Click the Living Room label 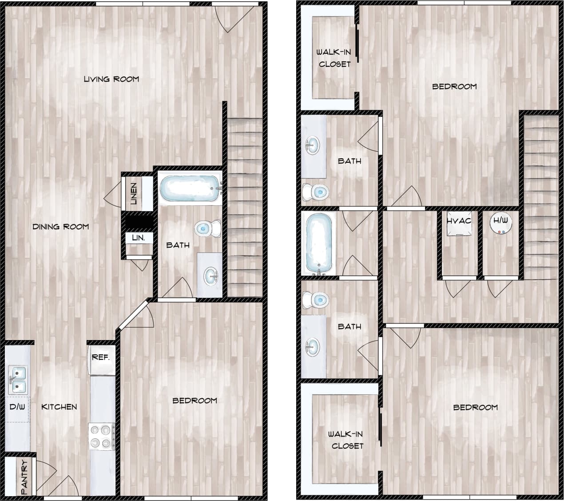(x=111, y=79)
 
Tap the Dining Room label (x=61, y=227)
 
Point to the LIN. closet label (x=139, y=238)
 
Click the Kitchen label (x=59, y=407)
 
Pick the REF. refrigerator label (x=101, y=357)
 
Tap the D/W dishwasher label (x=17, y=407)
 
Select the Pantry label (x=24, y=477)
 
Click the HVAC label (x=459, y=220)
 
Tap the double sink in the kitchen (x=17, y=380)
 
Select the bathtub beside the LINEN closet (x=190, y=188)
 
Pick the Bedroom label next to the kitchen (x=195, y=401)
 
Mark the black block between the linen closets (x=139, y=221)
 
